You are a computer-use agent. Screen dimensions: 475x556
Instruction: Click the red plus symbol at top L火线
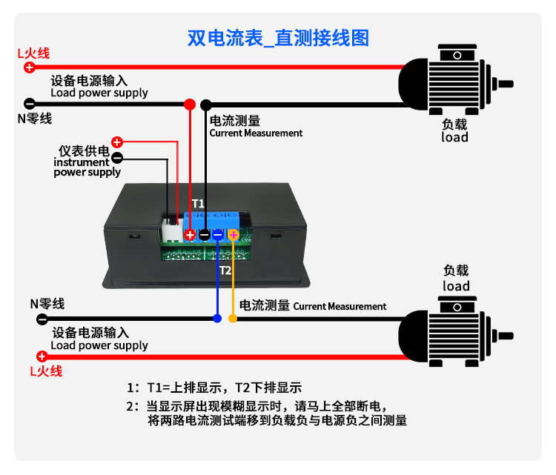[x=29, y=67]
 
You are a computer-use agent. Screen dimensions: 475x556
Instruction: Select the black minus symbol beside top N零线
[x=29, y=104]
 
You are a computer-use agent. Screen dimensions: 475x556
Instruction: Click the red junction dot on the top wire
[x=190, y=104]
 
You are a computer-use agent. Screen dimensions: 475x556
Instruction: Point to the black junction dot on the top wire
[x=206, y=104]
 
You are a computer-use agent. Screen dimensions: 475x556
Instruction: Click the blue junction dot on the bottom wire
[x=217, y=319]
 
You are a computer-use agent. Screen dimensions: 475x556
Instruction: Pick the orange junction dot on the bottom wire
[x=233, y=319]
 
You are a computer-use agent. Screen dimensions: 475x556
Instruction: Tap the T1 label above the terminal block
[x=198, y=202]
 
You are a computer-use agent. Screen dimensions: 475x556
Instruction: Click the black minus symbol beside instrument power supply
[x=116, y=157]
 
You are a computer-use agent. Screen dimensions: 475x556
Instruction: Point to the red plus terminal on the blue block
[x=190, y=235]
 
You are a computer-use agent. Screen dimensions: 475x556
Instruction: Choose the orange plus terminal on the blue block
[x=233, y=235]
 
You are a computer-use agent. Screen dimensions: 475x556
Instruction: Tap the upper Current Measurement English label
[x=256, y=133]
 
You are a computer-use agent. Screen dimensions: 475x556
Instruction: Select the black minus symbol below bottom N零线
[x=42, y=319]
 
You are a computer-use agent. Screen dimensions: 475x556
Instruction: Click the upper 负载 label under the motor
[x=454, y=124]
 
